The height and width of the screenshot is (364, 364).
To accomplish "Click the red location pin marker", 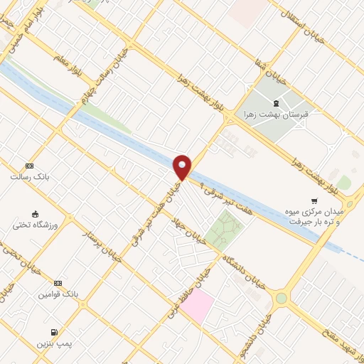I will coord(183,167).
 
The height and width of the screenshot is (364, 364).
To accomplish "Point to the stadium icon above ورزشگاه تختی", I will coord(33,213).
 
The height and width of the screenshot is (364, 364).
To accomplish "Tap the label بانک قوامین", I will coord(59,294).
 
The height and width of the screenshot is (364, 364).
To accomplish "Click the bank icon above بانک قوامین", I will coord(58,282).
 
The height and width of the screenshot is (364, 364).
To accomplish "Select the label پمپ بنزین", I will coord(54,343).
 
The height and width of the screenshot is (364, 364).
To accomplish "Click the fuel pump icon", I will coord(54,332).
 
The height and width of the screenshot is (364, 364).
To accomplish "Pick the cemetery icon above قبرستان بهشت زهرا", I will coord(276,104).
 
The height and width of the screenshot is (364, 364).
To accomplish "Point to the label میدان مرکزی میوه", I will coord(318,212).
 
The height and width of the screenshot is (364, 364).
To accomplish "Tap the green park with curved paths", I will coord(225,229).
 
